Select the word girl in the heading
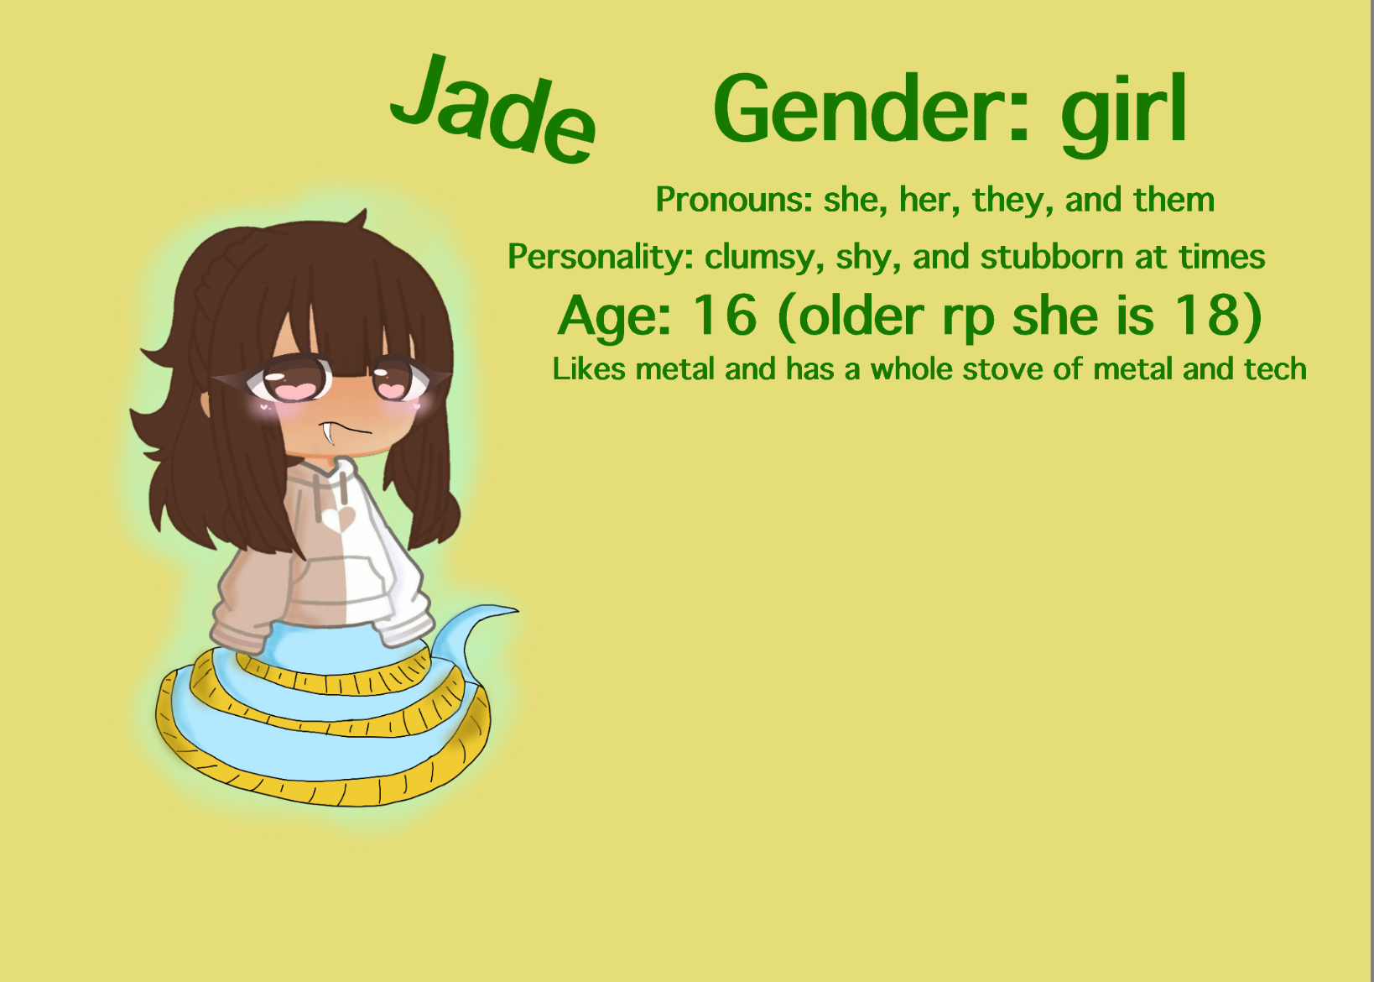[x=1124, y=113]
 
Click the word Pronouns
[x=732, y=200]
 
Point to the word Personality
[x=600, y=257]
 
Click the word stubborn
[x=1051, y=257]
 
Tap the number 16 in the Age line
[x=724, y=316]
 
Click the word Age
[x=614, y=317]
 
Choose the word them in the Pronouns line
[x=1174, y=200]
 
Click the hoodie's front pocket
[x=331, y=579]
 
